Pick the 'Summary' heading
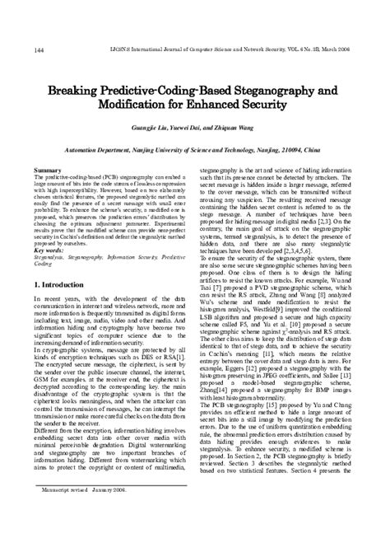coord(49,169)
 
